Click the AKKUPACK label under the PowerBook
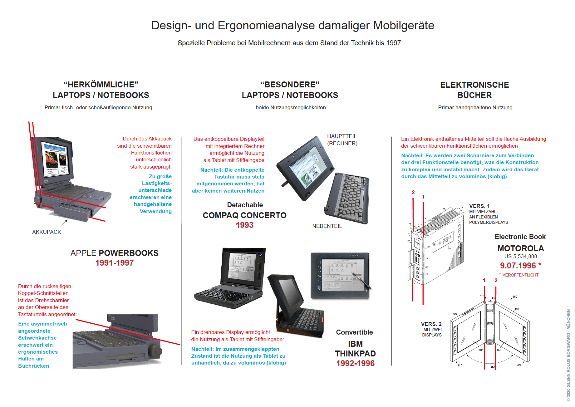click(47, 232)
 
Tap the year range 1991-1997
click(114, 263)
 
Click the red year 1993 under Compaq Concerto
click(244, 225)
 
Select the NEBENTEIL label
click(327, 226)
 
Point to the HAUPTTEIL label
click(342, 136)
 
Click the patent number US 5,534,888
click(520, 256)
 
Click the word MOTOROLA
click(520, 248)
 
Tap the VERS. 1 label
click(479, 206)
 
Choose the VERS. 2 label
click(431, 324)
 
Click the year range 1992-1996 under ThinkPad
click(355, 363)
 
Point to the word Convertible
click(354, 332)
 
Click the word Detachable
click(245, 205)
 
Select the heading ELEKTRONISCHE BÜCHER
click(474, 90)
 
